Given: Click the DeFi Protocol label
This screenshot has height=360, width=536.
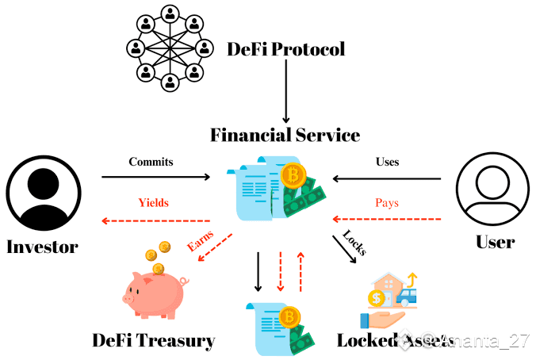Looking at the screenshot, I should click(286, 49).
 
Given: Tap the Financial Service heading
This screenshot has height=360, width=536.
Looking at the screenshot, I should click(285, 135).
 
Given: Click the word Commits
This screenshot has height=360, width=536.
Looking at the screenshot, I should click(151, 162).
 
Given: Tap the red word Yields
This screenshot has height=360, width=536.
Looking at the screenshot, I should click(153, 202).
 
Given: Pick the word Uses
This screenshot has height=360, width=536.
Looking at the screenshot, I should click(387, 162).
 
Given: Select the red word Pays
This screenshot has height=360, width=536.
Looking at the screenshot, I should click(386, 202).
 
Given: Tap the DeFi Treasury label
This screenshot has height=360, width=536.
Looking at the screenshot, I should click(153, 341).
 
